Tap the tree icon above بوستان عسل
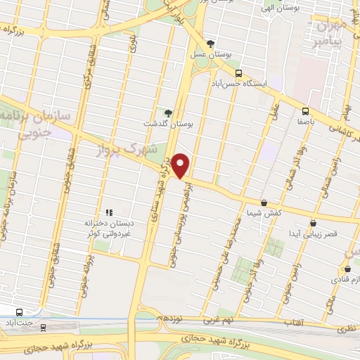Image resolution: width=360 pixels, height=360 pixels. click(210, 44)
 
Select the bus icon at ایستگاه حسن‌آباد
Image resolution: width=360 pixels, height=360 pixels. click(238, 73)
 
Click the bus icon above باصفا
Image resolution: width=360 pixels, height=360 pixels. click(305, 111)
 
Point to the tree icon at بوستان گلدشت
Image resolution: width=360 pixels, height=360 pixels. click(167, 112)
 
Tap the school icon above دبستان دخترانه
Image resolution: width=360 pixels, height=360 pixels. click(109, 212)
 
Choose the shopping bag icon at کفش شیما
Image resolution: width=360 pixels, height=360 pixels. click(264, 202)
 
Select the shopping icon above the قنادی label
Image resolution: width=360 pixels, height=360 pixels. click(347, 269)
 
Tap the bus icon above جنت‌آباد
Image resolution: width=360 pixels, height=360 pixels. click(19, 312)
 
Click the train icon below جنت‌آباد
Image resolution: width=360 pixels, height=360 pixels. click(44, 326)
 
